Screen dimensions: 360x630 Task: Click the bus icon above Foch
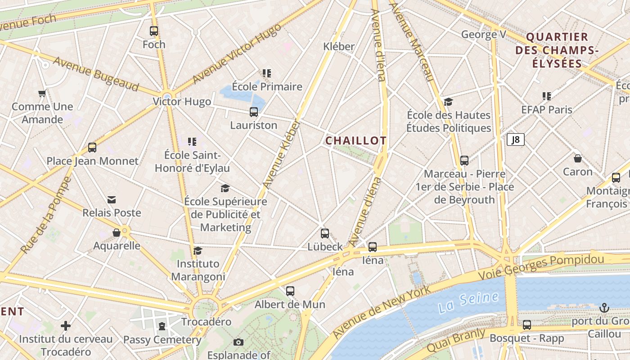pos(154,31)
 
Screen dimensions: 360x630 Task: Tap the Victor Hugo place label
pos(182,102)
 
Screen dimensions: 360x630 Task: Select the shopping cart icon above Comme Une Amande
pos(42,94)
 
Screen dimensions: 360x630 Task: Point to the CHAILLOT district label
pos(355,141)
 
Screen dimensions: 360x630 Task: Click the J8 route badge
pos(516,139)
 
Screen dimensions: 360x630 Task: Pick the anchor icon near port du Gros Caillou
pos(604,308)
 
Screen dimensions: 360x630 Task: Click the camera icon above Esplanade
pos(238,342)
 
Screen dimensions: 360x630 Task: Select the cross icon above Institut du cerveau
pos(66,325)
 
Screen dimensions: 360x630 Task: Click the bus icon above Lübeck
pos(325,234)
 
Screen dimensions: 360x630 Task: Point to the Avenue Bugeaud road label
pos(95,74)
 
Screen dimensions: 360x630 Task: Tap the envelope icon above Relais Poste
pos(112,200)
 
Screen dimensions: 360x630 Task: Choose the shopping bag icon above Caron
pos(578,158)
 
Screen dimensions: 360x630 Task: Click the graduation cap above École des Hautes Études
pos(448,102)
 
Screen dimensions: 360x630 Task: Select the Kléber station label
pos(339,46)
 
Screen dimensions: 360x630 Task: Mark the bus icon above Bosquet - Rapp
pos(526,324)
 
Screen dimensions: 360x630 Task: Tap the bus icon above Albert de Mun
pos(290,291)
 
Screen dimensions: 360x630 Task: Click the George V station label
pos(484,35)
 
